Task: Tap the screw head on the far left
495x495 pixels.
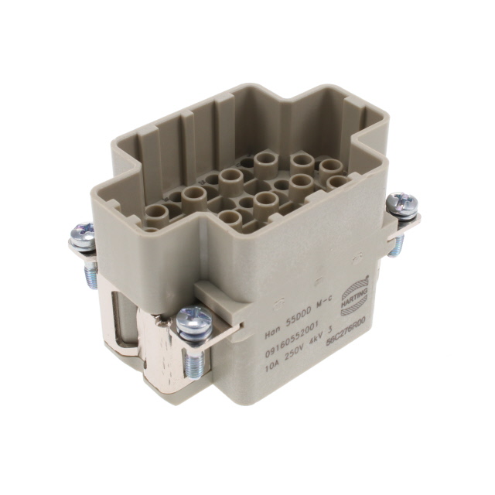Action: (82, 236)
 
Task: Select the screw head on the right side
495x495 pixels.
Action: (402, 204)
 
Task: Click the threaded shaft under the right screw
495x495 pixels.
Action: (398, 243)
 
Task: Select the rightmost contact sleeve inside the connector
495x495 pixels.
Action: (339, 183)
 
